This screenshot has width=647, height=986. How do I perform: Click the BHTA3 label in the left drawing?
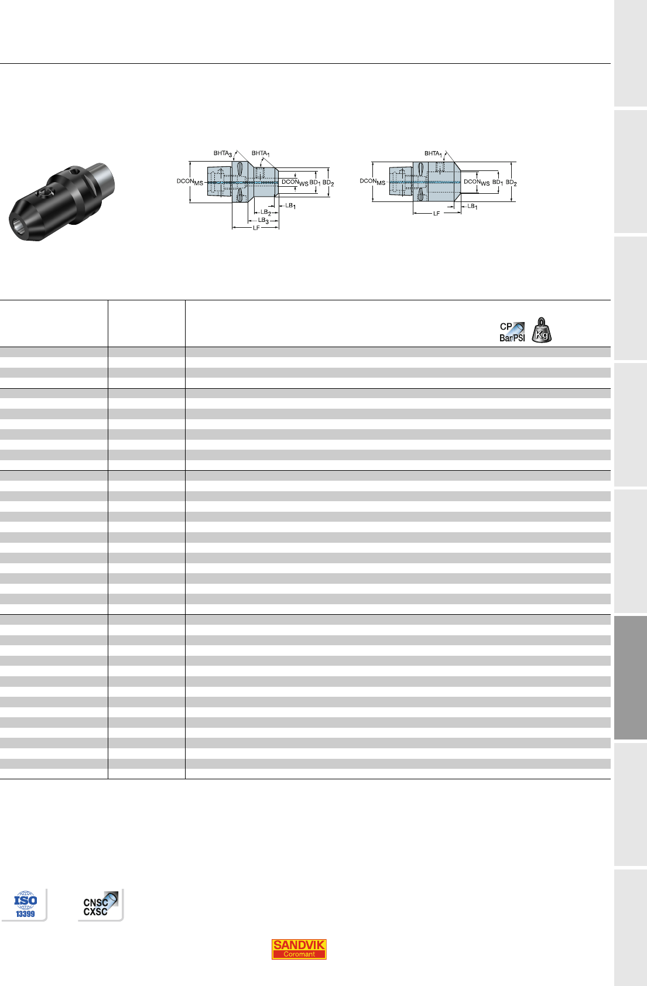pyautogui.click(x=222, y=153)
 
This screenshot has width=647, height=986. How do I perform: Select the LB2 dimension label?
pyautogui.click(x=265, y=213)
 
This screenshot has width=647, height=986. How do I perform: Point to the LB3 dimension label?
pyautogui.click(x=263, y=221)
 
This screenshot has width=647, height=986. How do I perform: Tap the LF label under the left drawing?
pyautogui.click(x=256, y=228)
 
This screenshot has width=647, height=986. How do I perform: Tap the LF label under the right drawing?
pyautogui.click(x=436, y=214)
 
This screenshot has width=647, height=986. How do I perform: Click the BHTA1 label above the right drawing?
pyautogui.click(x=433, y=153)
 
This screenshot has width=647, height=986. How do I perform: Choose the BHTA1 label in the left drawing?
pyautogui.click(x=261, y=153)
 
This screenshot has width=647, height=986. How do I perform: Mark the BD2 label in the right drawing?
pyautogui.click(x=511, y=182)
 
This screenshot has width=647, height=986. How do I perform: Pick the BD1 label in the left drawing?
pyautogui.click(x=314, y=183)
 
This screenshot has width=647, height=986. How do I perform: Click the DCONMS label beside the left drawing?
pyautogui.click(x=190, y=182)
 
